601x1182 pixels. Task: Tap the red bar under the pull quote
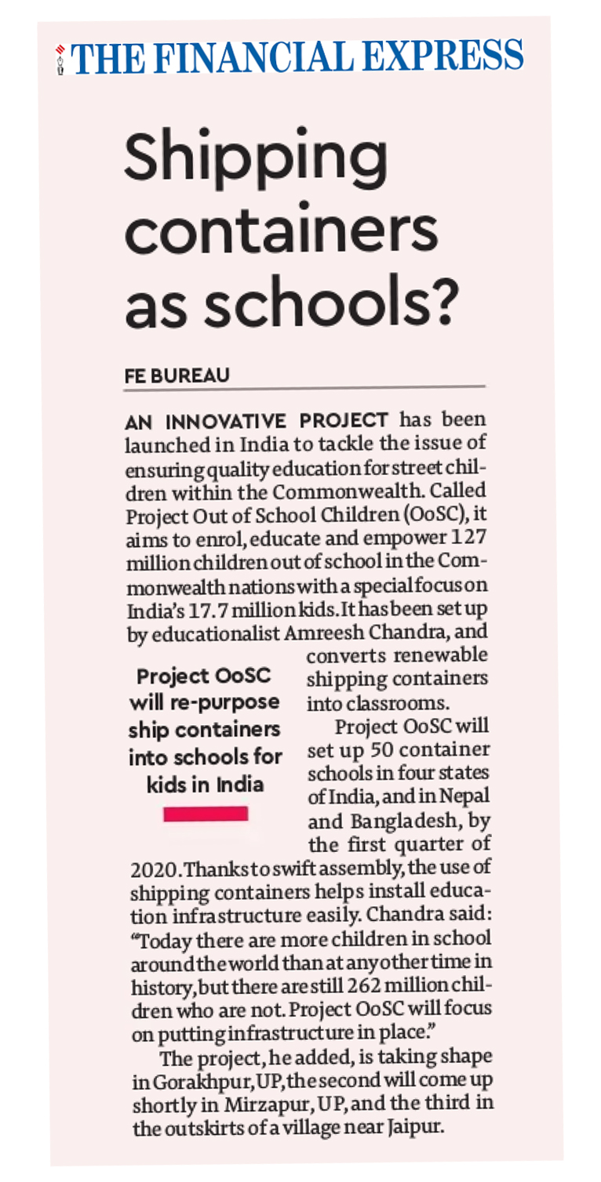click(206, 814)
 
